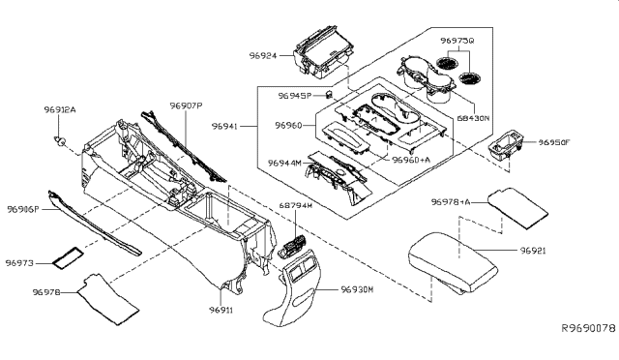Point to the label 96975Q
(457, 41)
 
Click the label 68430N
(474, 117)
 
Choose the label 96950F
(553, 141)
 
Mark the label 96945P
(295, 96)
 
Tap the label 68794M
(296, 205)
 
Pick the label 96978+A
(451, 203)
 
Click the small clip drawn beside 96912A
(63, 142)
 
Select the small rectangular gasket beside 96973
(68, 258)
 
